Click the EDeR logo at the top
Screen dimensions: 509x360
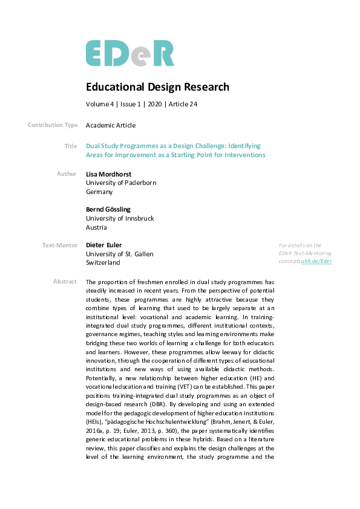tap(129, 53)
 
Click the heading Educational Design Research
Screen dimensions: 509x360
tap(157, 87)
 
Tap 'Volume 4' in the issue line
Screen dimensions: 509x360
tap(100, 104)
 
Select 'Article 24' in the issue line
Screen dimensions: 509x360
tap(184, 104)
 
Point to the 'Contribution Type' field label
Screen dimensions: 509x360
tap(53, 125)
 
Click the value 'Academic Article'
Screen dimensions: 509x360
tap(111, 125)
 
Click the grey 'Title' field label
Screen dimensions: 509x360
tap(70, 146)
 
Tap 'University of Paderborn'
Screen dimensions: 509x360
tap(121, 183)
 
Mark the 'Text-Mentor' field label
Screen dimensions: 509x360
tap(60, 245)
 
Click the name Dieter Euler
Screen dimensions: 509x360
tap(104, 245)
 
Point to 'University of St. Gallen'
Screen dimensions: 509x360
tap(119, 254)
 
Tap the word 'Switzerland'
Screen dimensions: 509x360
tap(103, 263)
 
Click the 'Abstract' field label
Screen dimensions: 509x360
tap(65, 282)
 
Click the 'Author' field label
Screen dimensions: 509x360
tap(67, 174)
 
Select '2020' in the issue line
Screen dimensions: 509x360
tap(154, 104)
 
